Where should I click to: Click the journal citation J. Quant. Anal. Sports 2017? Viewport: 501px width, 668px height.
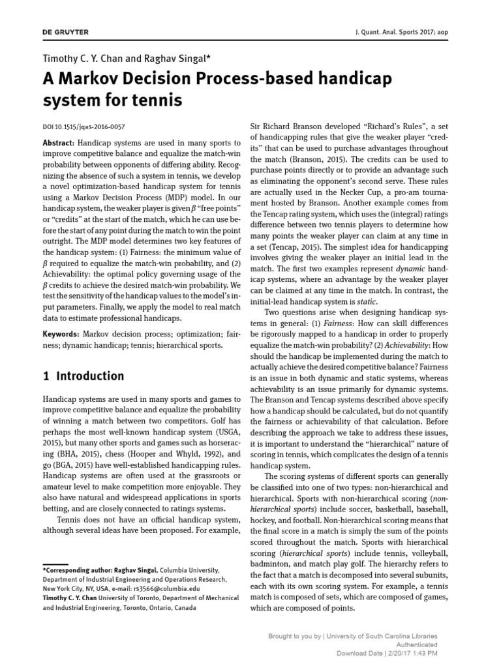click(409, 32)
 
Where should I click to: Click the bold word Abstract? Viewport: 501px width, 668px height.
click(58, 143)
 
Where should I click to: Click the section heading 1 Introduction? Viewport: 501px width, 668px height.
click(83, 376)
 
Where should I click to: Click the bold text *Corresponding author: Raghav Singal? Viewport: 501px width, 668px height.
click(100, 569)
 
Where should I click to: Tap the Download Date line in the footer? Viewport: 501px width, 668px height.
click(387, 652)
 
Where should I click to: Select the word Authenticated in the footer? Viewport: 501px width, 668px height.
click(416, 644)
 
